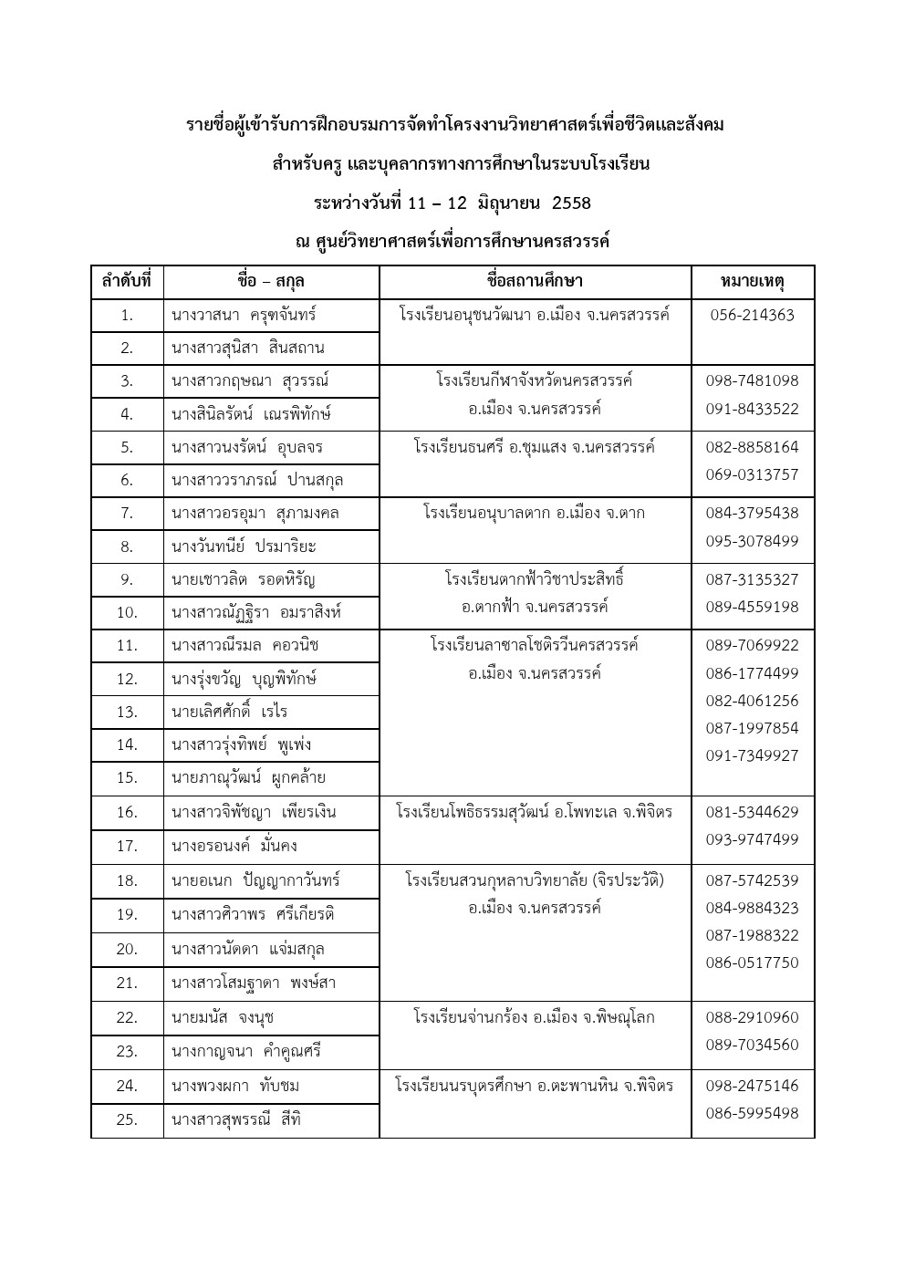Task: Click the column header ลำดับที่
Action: pyautogui.click(x=127, y=281)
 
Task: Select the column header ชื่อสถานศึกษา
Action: pyautogui.click(x=535, y=281)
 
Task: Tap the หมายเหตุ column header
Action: pyautogui.click(x=752, y=281)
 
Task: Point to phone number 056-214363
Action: pyautogui.click(x=752, y=315)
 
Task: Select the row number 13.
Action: pyautogui.click(x=127, y=712)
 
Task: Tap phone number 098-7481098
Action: pyautogui.click(x=752, y=380)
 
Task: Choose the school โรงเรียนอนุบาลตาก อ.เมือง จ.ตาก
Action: pyautogui.click(x=534, y=513)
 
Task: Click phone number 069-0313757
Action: pyautogui.click(x=752, y=474)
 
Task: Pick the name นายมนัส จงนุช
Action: pyautogui.click(x=222, y=1017)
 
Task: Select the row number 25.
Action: pyautogui.click(x=127, y=1119)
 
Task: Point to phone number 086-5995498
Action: pyautogui.click(x=752, y=1113)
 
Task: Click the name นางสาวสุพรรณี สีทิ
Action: pyautogui.click(x=235, y=1119)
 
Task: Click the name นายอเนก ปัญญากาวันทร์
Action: pyautogui.click(x=255, y=880)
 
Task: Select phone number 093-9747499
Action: pyautogui.click(x=752, y=839)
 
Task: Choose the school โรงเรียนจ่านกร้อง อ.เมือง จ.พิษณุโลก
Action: pyautogui.click(x=534, y=1017)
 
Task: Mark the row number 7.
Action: pyautogui.click(x=127, y=513)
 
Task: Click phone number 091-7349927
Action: pyautogui.click(x=752, y=755)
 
